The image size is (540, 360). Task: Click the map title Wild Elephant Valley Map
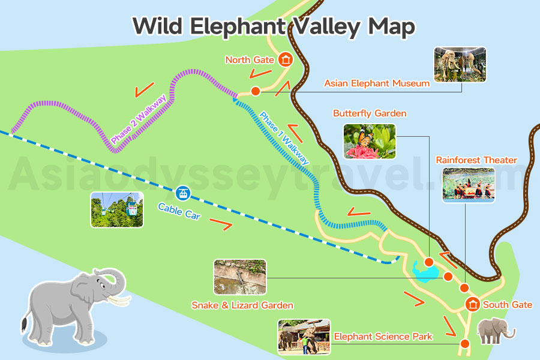[274, 26]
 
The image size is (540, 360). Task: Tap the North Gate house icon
[285, 59]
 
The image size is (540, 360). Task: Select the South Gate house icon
[473, 304]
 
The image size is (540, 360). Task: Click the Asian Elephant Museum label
[377, 83]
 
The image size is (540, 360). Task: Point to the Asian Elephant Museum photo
[460, 64]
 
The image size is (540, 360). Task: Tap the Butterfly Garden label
[370, 113]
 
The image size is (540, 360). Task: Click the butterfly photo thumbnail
[370, 142]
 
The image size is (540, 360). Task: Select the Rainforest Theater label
[476, 160]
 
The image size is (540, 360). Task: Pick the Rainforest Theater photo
[469, 184]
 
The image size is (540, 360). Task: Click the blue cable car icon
[182, 194]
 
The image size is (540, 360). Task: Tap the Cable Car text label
[179, 211]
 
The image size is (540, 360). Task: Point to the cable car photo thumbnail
[117, 209]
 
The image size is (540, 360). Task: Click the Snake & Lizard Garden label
[242, 305]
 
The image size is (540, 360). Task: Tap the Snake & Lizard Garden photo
[239, 277]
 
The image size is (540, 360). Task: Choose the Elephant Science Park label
[383, 337]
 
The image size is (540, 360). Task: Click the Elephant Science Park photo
[304, 337]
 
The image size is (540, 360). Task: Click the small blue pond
[424, 272]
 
